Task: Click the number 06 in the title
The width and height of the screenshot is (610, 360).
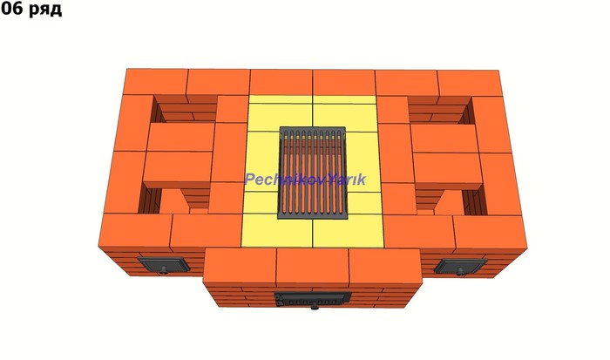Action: coord(11,9)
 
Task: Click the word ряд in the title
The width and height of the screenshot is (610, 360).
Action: coord(44,10)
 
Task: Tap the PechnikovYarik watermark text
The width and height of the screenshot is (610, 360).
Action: coord(305,180)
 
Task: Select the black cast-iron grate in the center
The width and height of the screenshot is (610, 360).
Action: coord(312,172)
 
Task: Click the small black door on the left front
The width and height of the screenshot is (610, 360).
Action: coord(165,265)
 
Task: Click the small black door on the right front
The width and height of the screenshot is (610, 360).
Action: coord(460,266)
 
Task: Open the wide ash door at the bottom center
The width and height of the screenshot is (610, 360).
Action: coord(312,298)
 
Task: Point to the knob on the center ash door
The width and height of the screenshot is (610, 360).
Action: coord(314,308)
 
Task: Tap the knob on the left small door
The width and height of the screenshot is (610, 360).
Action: coord(164,270)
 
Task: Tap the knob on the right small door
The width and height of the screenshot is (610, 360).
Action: coord(461,271)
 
